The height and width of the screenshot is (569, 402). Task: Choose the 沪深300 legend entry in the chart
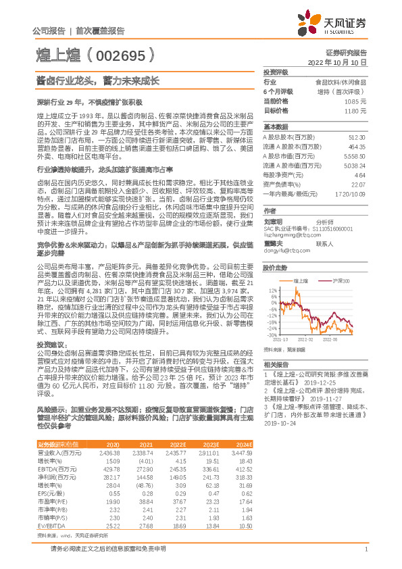340,280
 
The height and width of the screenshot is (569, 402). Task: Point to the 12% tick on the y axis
272,289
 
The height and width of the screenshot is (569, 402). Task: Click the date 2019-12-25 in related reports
303,382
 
